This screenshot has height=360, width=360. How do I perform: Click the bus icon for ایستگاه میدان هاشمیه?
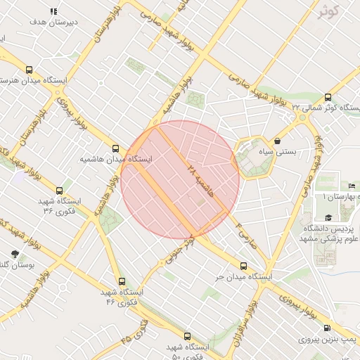[116, 148]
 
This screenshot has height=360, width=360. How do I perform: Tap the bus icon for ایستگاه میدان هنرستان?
[29, 70]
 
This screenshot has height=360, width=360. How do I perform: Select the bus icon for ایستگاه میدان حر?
[243, 266]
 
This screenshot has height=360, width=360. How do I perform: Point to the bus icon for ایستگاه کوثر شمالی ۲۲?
[328, 98]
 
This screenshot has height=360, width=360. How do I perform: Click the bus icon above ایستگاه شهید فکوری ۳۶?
[59, 190]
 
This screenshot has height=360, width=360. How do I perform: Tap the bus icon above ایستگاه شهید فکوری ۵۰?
[187, 336]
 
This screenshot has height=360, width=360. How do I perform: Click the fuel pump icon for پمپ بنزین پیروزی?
[328, 328]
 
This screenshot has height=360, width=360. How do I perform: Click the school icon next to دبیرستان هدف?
[54, 11]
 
